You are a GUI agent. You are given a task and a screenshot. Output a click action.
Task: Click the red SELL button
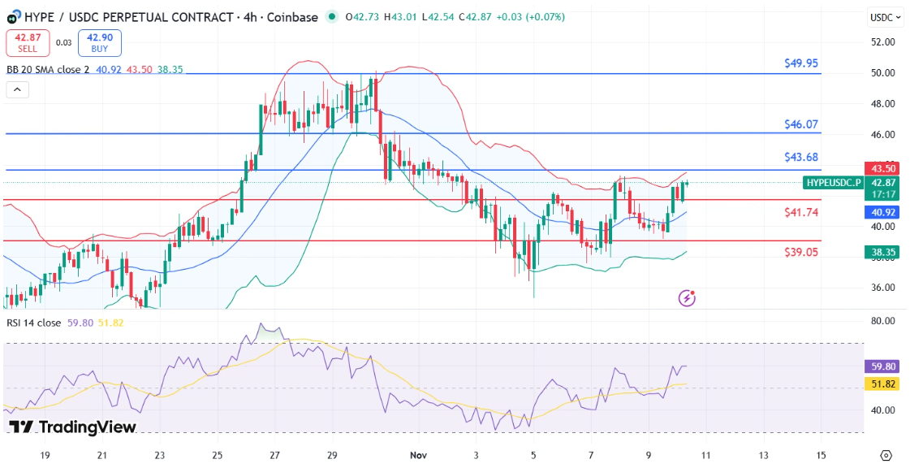coord(28,42)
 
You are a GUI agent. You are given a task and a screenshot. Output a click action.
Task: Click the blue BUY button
coord(100,42)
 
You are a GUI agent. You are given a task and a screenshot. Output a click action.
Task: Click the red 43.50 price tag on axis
coord(880,168)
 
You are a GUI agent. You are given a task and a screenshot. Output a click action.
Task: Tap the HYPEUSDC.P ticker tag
coord(834,183)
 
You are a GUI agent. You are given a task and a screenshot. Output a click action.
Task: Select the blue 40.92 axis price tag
coord(880,212)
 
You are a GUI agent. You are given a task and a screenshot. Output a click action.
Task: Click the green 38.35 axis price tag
coord(880,253)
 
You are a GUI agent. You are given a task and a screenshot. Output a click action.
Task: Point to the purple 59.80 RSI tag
coord(880,366)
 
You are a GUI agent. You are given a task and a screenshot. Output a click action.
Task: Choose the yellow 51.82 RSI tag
coord(880,383)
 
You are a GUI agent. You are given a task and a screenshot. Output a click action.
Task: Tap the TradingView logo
coord(72,427)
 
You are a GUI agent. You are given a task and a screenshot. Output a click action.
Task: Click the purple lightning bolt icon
coord(688,298)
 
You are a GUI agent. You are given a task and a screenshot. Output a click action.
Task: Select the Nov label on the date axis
coord(419,455)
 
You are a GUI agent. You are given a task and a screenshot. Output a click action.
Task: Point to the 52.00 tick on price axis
coord(882,41)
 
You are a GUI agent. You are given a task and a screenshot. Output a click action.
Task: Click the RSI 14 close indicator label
coord(33,323)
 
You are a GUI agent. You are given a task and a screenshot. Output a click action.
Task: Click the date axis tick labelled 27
coord(274,455)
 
